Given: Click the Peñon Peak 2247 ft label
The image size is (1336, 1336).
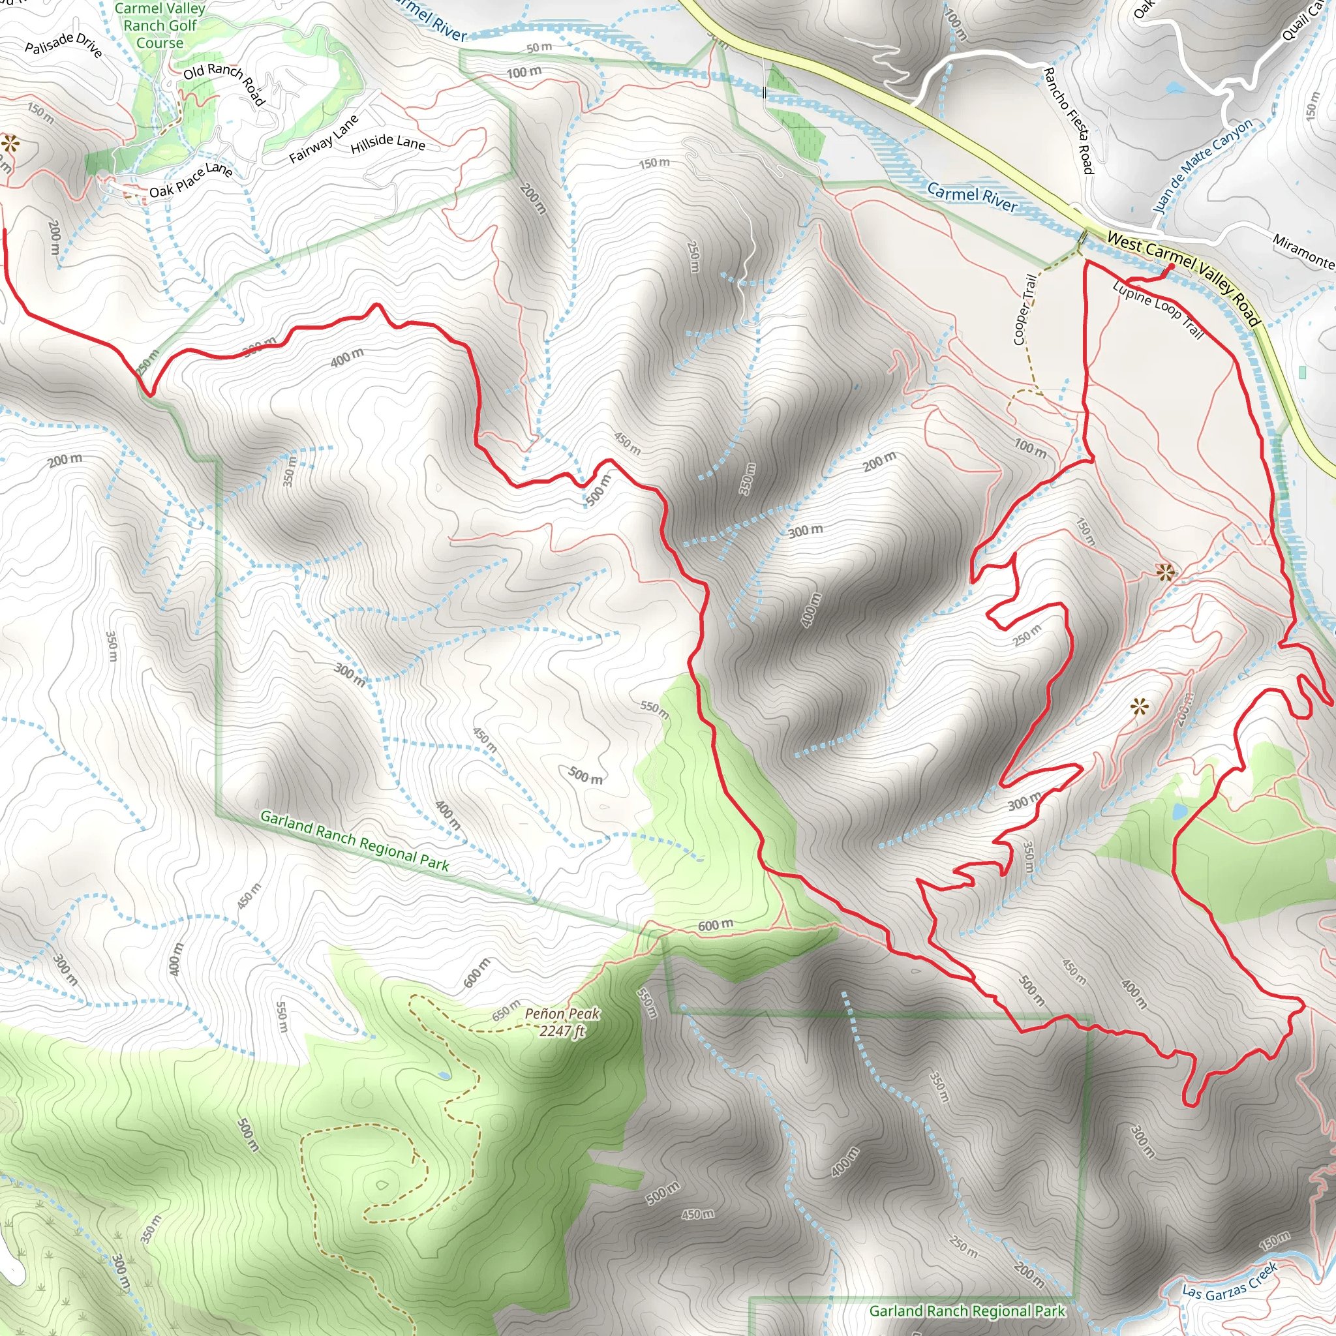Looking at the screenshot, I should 562,1022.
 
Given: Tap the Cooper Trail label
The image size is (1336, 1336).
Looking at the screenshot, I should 1024,309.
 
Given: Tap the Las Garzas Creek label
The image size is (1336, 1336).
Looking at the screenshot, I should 1230,1281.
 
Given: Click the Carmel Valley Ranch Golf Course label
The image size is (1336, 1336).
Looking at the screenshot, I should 160,25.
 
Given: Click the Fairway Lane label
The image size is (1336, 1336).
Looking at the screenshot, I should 324,139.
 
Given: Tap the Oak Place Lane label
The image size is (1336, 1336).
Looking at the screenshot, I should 191,179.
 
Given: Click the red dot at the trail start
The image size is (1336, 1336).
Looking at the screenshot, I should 1171,267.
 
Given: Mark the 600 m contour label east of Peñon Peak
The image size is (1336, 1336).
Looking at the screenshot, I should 715,925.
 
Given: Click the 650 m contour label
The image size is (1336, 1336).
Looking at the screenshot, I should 506,1010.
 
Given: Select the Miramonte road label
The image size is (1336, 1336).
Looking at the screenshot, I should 1303,252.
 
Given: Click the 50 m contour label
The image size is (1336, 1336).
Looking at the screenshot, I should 539,47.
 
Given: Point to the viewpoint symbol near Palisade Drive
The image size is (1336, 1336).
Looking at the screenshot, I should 10,144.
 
